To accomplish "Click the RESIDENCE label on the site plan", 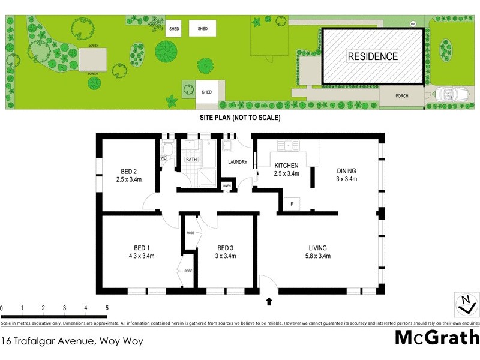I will pos(373,57).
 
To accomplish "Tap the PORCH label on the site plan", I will pos(401,96).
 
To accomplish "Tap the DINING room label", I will pos(346,170).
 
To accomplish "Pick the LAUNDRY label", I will pos(237,162).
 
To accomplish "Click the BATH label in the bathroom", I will pos(191,160).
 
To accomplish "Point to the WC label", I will pos(163,158).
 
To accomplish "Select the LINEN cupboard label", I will pos(226,186).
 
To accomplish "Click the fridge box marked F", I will pos(291,204).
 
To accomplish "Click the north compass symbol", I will pos(463,304).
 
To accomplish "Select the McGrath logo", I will pos(436,337).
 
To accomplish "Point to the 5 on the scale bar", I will pos(107,308).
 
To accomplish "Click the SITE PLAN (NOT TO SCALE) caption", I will pos(240,118).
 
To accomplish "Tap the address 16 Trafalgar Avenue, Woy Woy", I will pos(72,341).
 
